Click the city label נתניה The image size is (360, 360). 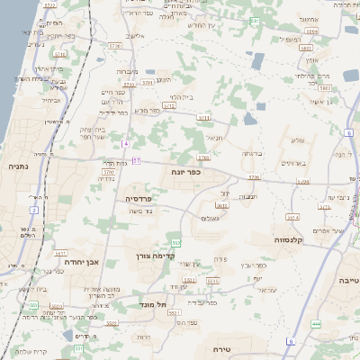[18, 166]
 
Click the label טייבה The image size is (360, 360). [346, 282]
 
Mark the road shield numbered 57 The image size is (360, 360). [137, 161]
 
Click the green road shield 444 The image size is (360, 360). [315, 323]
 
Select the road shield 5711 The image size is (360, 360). [203, 117]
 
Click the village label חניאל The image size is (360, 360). [213, 138]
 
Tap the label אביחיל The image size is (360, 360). [135, 35]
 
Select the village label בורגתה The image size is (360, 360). [251, 154]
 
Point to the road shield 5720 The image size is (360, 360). [112, 43]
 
